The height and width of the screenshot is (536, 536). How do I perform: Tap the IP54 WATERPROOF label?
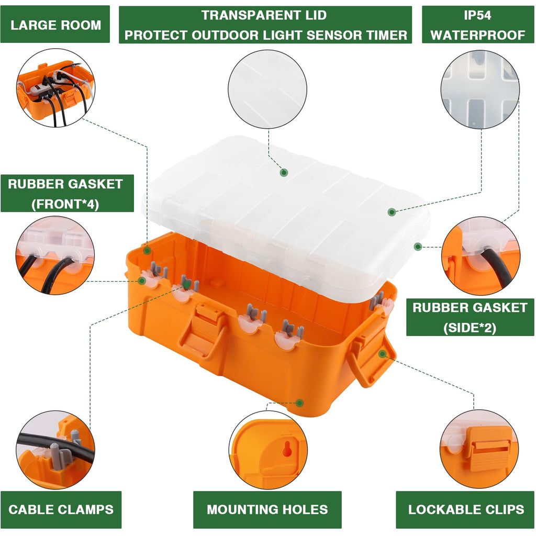coord(477,25)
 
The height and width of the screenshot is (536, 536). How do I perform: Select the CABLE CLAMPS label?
coord(61,509)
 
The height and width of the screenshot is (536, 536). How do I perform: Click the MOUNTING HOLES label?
coord(267,509)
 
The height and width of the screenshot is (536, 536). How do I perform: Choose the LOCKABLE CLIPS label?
coord(466,509)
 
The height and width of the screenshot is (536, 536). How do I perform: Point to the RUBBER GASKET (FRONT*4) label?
coord(65,193)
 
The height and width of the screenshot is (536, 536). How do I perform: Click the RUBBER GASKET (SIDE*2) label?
coord(470,317)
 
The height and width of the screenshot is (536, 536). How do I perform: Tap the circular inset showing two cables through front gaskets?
coord(55,255)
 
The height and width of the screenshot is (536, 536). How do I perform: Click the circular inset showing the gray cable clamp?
coord(55,450)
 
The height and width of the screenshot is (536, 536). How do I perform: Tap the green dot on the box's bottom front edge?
coord(299,403)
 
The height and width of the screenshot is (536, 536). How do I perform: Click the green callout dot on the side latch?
coord(382,354)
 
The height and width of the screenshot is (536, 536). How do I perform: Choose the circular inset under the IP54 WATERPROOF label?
coord(479,90)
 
